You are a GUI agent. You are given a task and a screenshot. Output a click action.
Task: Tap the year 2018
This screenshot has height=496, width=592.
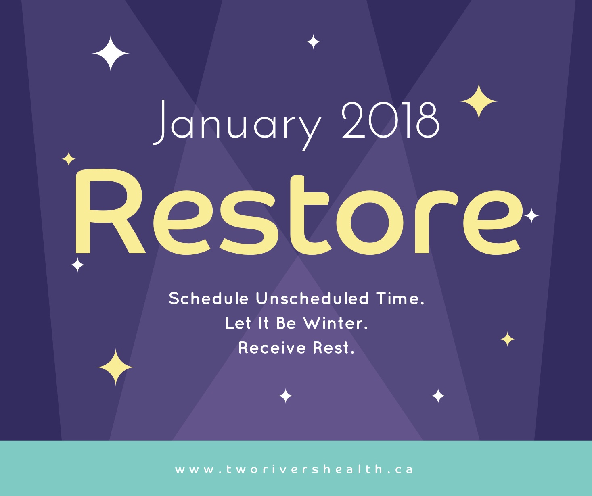(x=391, y=121)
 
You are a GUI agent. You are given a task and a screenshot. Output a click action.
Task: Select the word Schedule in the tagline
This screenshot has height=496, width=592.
(x=209, y=298)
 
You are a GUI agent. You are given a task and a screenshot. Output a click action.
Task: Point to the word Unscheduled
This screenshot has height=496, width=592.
(x=312, y=298)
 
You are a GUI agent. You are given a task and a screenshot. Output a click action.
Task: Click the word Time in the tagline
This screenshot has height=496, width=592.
(x=400, y=298)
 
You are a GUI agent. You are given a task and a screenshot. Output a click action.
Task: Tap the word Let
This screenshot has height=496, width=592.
(x=238, y=323)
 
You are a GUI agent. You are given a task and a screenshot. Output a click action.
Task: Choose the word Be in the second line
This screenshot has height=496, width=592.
(x=286, y=323)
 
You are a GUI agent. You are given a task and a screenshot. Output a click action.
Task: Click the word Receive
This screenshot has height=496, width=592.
(x=272, y=348)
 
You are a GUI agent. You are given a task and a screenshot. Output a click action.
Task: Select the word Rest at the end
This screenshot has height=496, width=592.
(x=333, y=348)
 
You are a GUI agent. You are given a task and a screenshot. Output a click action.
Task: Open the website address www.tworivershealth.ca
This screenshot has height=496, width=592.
(x=294, y=470)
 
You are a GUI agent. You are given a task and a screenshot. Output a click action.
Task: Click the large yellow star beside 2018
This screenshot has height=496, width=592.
(x=479, y=101)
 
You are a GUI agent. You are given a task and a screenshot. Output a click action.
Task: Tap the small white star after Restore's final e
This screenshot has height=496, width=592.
(x=531, y=216)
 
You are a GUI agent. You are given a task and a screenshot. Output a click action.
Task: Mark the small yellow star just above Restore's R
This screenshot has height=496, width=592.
(x=69, y=159)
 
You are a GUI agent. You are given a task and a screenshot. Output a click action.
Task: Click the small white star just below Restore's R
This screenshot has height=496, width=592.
(x=77, y=265)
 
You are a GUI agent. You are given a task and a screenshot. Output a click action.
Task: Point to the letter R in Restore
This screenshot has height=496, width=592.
(x=111, y=211)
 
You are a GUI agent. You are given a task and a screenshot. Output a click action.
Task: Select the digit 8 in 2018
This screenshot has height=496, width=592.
(x=428, y=121)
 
